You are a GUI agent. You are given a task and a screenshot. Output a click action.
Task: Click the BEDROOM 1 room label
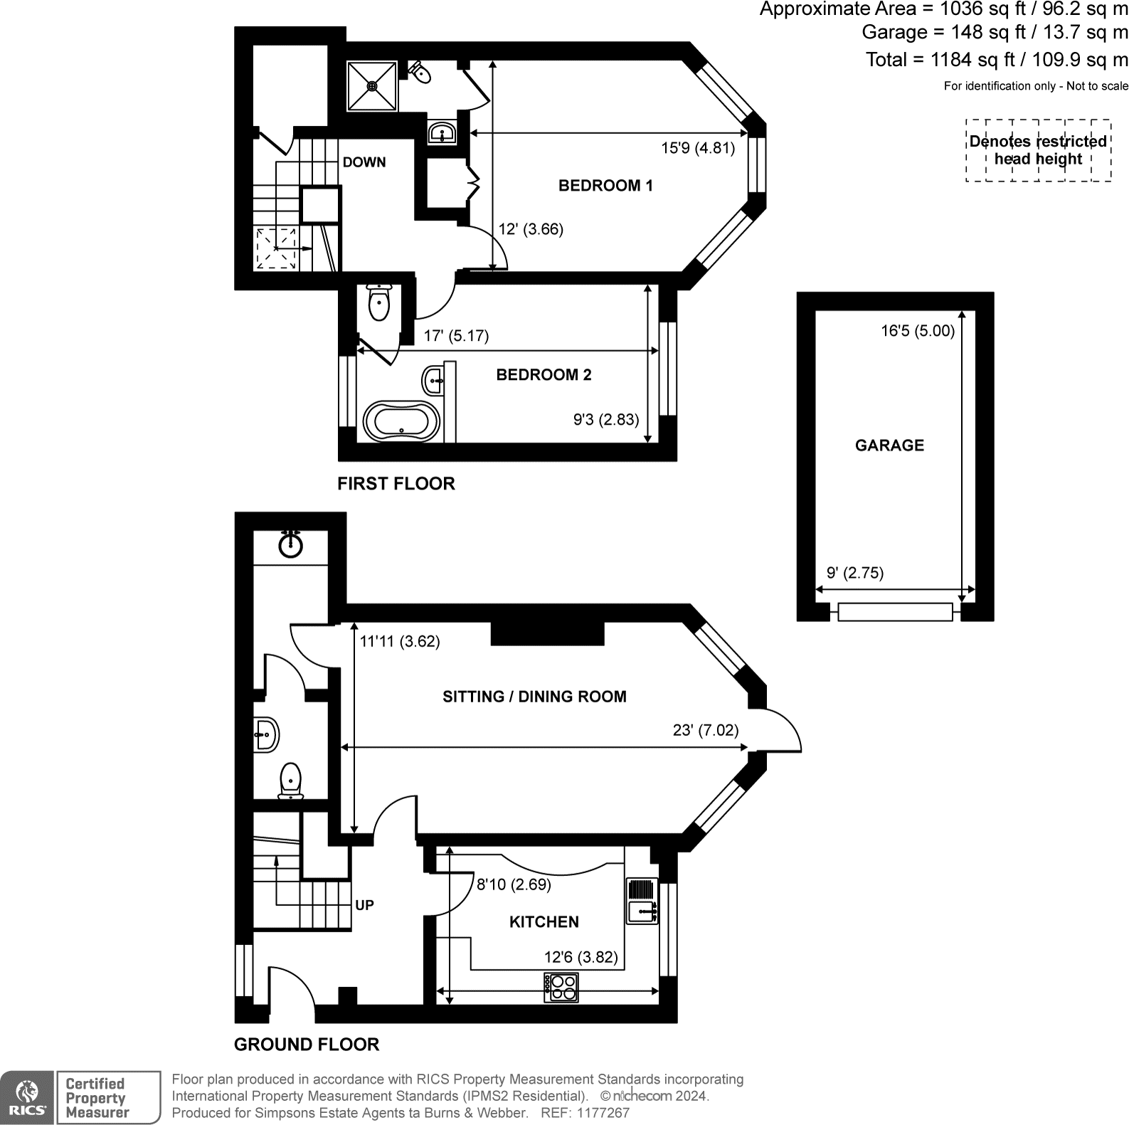[x=605, y=186]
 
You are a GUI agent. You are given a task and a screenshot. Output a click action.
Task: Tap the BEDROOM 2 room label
[x=544, y=375]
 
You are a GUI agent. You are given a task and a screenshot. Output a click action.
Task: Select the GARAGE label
[x=889, y=445]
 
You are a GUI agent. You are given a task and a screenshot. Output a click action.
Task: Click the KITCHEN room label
[x=544, y=922]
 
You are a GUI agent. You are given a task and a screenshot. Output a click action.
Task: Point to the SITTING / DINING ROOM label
[x=534, y=697]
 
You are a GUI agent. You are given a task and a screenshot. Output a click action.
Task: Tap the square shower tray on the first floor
[x=372, y=86]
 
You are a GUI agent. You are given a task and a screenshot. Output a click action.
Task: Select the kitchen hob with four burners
[x=561, y=987]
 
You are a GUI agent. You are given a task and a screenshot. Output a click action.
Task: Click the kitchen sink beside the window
[x=642, y=902]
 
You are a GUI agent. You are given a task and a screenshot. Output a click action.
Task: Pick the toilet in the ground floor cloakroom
[x=290, y=781]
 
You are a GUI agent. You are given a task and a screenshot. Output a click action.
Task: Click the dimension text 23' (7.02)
[x=705, y=730]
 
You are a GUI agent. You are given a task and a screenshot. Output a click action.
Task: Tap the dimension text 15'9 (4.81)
[x=697, y=148]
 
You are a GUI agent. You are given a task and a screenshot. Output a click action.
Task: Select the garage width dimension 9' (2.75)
[x=855, y=573]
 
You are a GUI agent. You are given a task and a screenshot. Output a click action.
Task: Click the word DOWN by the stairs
[x=364, y=162]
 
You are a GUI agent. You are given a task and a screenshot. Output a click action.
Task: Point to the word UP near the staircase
[x=364, y=905]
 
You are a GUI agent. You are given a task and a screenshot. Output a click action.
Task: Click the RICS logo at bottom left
[x=27, y=1097]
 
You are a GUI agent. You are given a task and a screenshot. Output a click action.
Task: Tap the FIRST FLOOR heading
[x=396, y=484]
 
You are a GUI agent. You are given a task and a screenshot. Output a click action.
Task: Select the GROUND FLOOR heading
[x=307, y=1045]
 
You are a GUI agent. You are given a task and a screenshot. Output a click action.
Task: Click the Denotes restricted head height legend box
[x=1038, y=150]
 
